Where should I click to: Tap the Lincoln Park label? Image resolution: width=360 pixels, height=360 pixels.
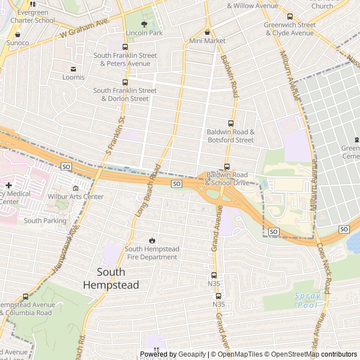[144, 33]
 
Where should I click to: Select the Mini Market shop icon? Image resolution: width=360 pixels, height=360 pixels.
[207, 32]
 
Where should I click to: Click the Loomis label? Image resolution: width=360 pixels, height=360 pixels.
[73, 77]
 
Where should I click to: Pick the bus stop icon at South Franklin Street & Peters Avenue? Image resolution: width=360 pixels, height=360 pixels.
[125, 47]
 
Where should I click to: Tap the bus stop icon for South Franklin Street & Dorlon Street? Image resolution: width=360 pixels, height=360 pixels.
[125, 82]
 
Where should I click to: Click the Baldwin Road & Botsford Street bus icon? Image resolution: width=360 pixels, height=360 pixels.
[230, 124]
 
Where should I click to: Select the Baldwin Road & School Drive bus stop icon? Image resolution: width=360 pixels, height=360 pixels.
[227, 166]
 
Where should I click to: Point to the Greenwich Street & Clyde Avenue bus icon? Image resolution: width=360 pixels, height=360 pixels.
[290, 16]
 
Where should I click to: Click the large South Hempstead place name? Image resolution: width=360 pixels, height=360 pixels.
[111, 278]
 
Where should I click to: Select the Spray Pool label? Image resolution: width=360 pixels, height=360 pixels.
[307, 300]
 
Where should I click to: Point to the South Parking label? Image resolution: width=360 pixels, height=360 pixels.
[45, 221]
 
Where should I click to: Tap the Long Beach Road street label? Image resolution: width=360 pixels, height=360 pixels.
[148, 191]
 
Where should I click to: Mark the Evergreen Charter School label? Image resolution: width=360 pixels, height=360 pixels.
[36, 16]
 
